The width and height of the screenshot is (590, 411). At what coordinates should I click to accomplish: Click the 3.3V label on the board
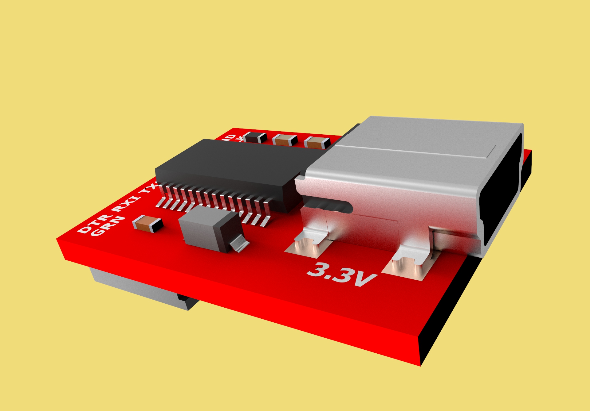[342, 274]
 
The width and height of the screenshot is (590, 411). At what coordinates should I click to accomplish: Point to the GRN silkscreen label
[108, 226]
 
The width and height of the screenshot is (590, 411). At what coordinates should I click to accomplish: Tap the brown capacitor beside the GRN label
[147, 223]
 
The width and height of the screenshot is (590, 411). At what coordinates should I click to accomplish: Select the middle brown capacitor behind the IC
[285, 140]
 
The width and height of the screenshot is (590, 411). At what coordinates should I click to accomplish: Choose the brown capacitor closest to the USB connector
[317, 143]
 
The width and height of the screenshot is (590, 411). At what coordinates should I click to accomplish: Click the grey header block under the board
[138, 287]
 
